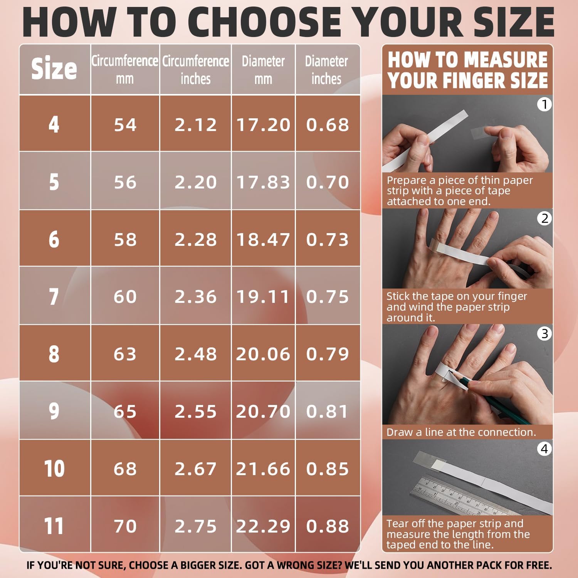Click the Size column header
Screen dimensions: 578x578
54,69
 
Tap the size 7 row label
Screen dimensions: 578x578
54,296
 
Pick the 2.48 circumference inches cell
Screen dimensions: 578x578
195,354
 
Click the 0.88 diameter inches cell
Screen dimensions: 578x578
328,526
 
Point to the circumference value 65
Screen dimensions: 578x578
125,411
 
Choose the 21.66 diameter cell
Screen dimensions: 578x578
263,469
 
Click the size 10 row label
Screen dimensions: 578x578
54,469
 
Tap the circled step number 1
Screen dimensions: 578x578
544,104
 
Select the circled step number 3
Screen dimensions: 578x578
544,333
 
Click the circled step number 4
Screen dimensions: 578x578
544,449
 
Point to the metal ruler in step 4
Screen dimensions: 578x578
466,497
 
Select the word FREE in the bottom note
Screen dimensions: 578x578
538,565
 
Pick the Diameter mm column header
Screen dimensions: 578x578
263,69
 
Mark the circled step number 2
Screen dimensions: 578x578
544,218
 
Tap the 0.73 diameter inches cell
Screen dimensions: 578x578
328,239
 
